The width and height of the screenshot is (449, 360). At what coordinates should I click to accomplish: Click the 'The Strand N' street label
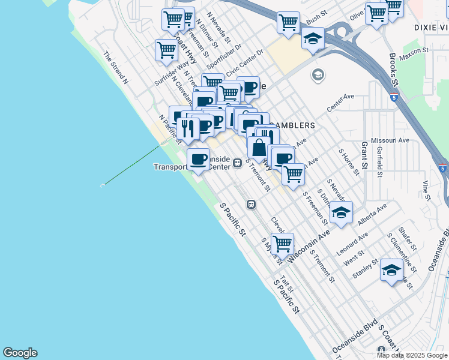pos(116,67)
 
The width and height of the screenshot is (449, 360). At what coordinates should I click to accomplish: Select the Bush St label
pos(316,20)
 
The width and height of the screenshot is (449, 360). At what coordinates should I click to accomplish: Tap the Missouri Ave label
pos(390,140)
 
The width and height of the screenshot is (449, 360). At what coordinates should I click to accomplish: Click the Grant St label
pos(364,156)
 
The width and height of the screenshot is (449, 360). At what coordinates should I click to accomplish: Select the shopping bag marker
pos(259,147)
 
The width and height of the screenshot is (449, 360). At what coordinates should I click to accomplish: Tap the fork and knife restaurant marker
pos(188,128)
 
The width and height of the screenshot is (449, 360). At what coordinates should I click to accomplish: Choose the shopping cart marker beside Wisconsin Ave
pos(282,244)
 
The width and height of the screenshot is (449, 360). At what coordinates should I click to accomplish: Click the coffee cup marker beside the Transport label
pos(199,160)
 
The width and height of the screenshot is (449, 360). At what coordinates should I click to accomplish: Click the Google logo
pos(20,353)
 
